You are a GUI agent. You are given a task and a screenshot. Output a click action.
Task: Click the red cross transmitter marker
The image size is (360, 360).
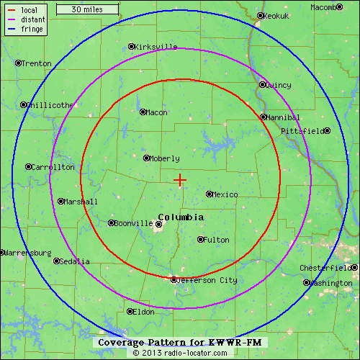click(180, 180)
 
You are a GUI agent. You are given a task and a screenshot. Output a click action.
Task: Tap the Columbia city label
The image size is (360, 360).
click(180, 217)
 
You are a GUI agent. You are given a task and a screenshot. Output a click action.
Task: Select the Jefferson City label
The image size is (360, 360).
click(207, 280)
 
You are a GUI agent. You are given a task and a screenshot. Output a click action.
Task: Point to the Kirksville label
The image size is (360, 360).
click(156, 47)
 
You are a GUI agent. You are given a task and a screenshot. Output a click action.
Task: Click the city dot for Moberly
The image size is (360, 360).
click(146, 158)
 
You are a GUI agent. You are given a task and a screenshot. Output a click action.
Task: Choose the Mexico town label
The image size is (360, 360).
click(225, 194)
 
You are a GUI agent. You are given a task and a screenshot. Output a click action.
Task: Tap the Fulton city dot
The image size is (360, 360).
click(200, 240)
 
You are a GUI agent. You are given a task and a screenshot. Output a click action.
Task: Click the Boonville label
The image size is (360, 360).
click(134, 223)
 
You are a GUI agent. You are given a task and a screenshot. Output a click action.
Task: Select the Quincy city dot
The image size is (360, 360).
click(262, 84)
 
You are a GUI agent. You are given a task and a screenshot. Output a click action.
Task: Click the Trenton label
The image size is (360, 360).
click(37, 63)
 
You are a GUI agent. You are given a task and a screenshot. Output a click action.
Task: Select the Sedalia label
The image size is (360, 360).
click(76, 261)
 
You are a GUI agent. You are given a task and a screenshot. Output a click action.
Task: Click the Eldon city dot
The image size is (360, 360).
click(130, 312)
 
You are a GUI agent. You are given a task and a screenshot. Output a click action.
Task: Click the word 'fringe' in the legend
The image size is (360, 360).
click(32, 30)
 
